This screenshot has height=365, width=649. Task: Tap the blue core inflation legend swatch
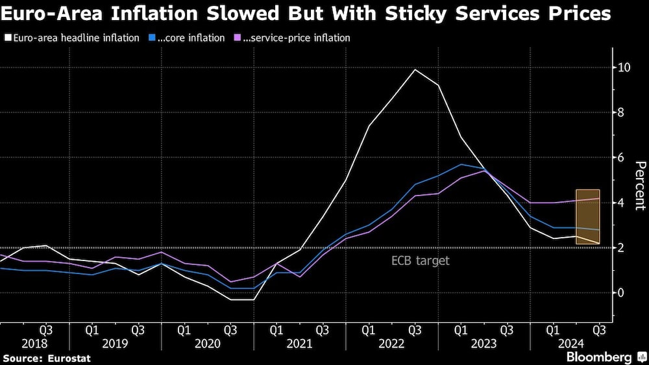coord(151,38)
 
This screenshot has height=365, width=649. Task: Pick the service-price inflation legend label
coord(296,38)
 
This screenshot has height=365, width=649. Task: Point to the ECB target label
coord(421,261)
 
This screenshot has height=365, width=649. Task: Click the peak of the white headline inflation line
coord(415,69)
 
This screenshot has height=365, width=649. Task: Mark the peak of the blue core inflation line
coord(461,164)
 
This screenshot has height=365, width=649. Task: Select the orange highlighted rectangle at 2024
coord(587,217)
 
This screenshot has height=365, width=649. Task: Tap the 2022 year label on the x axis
coord(391,344)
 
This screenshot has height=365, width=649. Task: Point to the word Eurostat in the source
coord(68,358)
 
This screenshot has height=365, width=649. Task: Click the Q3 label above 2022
coord(415,329)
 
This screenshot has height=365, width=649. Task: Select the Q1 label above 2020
coord(184,329)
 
